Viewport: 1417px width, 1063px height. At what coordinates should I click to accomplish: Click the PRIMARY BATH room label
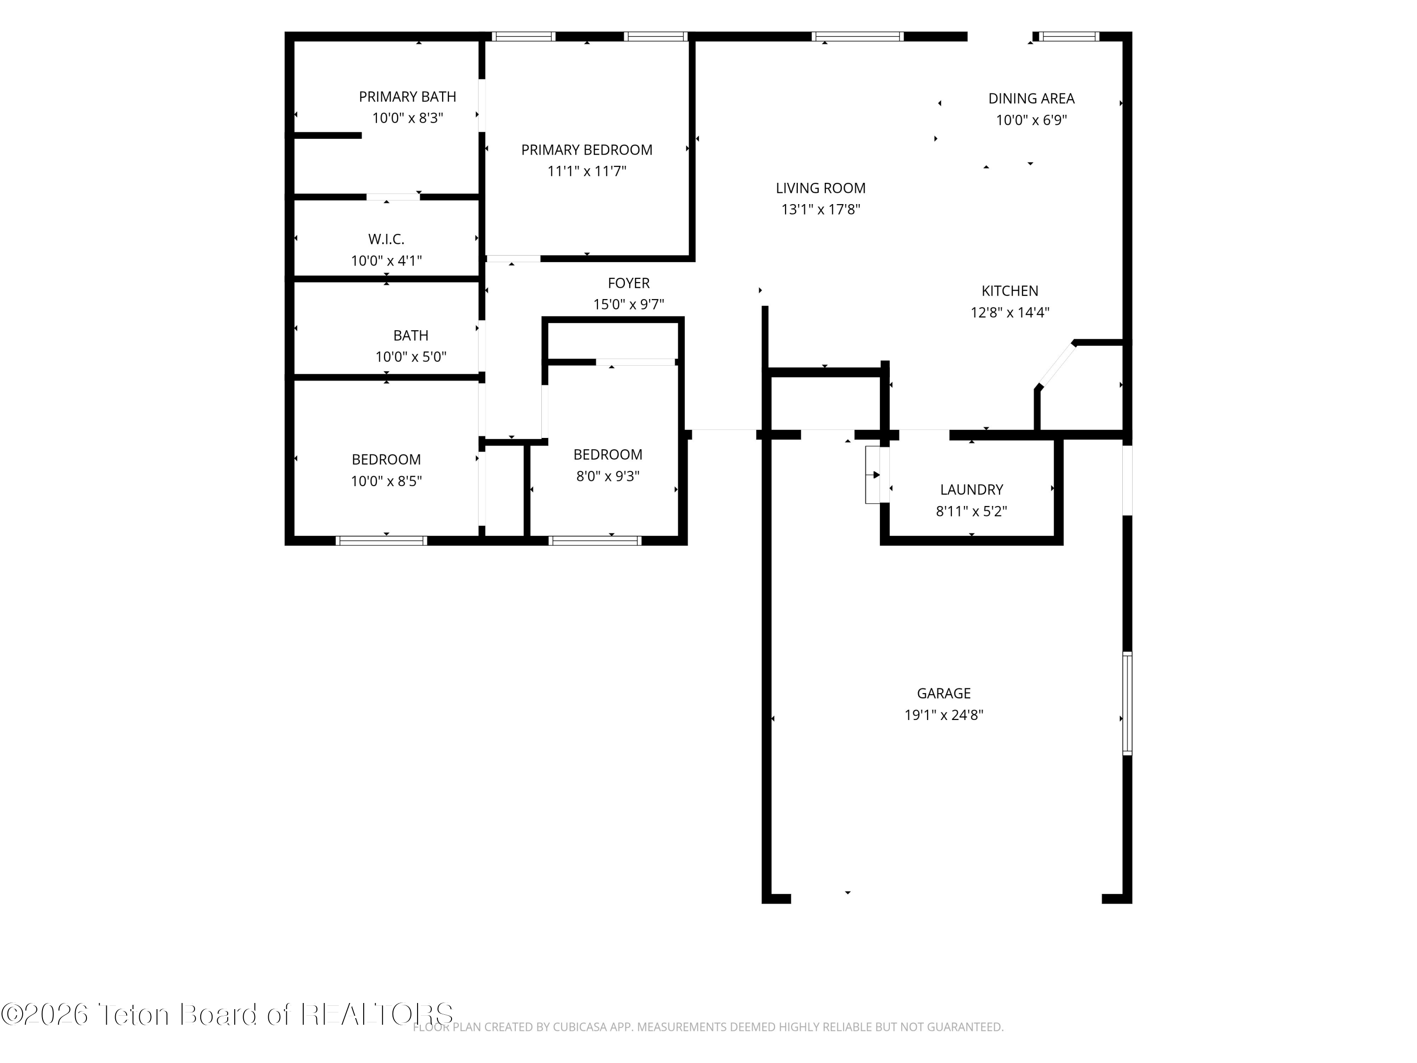[408, 97]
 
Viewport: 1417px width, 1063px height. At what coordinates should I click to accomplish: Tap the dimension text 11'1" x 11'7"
[587, 171]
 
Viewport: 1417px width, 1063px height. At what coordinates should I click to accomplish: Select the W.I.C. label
[386, 240]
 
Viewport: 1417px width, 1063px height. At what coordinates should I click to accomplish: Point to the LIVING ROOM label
[820, 189]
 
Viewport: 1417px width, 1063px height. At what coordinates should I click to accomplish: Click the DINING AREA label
[1032, 99]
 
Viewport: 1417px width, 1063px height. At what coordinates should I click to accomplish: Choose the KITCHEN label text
[1010, 291]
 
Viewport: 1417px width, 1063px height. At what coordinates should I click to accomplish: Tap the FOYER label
[628, 283]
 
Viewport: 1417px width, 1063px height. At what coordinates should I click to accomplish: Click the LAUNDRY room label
[972, 489]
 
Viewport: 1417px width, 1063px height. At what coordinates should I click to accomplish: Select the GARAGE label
[944, 693]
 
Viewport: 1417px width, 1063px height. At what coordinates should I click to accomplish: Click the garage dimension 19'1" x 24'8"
[944, 715]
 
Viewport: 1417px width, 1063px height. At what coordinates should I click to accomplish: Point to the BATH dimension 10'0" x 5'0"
[410, 357]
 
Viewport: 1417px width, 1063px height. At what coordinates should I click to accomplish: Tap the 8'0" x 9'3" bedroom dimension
[608, 476]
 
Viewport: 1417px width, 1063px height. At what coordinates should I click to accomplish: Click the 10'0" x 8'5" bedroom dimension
[386, 481]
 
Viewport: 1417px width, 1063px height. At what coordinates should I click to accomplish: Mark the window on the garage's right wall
[1127, 703]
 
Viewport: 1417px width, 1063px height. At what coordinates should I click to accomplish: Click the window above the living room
[858, 36]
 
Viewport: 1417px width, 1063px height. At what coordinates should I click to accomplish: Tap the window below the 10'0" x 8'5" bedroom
[381, 541]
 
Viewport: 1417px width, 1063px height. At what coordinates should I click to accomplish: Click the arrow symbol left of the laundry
[874, 475]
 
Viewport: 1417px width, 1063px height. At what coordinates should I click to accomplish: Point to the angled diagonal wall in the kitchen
[1056, 365]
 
